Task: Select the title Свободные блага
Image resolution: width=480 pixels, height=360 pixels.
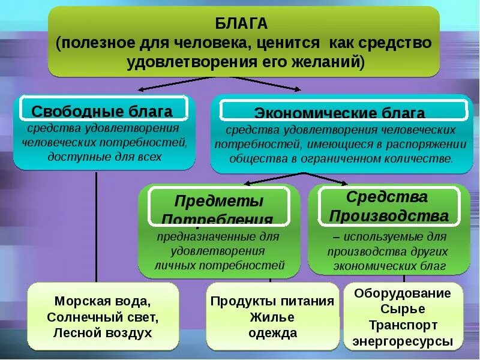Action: [102, 111]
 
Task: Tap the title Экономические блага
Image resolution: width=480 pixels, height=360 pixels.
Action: [340, 113]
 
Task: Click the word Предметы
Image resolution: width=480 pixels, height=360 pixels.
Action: [218, 200]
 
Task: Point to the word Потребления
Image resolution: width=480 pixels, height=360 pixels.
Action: [217, 219]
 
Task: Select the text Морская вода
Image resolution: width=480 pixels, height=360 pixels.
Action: [103, 301]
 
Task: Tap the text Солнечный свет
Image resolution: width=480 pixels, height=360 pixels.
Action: [103, 317]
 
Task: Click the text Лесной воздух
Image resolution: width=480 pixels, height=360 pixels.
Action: [103, 332]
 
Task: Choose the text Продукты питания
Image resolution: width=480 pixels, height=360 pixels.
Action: [272, 301]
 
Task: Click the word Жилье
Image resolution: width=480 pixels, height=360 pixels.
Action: [272, 317]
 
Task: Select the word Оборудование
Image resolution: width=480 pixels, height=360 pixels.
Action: [402, 293]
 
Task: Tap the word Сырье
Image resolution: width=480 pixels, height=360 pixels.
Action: [402, 309]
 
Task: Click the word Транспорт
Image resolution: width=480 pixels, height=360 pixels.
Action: [402, 325]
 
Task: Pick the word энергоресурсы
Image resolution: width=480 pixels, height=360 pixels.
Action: [402, 341]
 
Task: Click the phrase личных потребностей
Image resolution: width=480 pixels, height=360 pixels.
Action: [219, 264]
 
